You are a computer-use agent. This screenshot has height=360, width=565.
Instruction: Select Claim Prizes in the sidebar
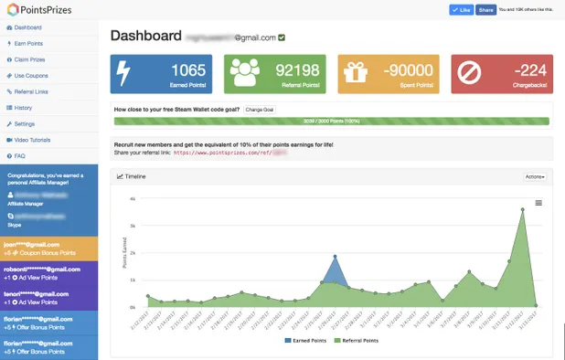(x=30, y=58)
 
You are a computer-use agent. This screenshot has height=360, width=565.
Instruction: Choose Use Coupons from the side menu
(x=31, y=75)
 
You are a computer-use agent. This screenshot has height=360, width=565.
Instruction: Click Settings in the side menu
(x=25, y=123)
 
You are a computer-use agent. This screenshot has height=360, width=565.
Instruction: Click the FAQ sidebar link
(x=19, y=156)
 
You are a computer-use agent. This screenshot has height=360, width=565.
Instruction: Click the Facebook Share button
(x=485, y=10)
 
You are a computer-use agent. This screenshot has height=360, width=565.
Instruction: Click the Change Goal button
(x=260, y=110)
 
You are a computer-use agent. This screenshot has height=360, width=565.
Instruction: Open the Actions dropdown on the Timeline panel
(x=536, y=176)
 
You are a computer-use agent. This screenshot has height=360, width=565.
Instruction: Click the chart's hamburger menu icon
(x=538, y=203)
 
